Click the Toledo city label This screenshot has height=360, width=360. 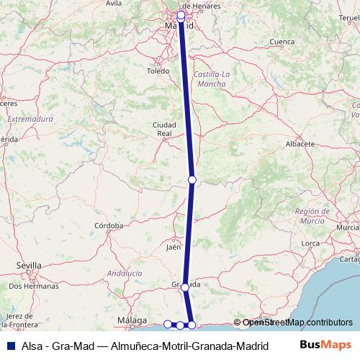click(158, 71)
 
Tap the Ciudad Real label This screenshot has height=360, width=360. click(164, 129)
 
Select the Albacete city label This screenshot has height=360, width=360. click(302, 144)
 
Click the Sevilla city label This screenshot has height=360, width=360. click(29, 265)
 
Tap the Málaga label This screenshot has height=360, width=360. click(131, 320)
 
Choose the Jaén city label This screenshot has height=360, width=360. click(173, 247)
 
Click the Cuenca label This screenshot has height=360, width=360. click(281, 42)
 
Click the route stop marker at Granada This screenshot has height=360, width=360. click(186, 287)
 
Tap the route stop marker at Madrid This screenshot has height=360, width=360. click(181, 14)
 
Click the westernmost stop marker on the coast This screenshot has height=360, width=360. click(168, 325)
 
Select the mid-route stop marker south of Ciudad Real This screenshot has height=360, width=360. click(192, 179)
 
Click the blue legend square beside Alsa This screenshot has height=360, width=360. click(9, 346)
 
